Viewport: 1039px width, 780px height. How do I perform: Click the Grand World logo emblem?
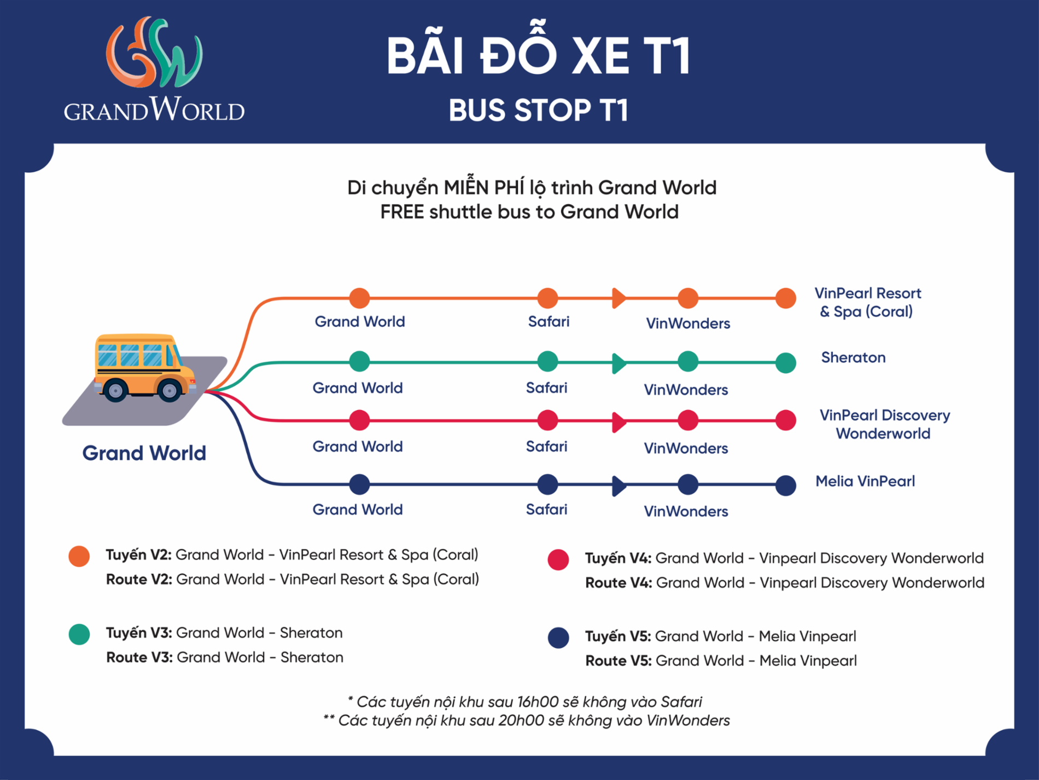[154, 53]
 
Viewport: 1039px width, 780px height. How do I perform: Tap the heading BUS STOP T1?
[539, 111]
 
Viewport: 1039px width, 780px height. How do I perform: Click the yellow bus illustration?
[144, 368]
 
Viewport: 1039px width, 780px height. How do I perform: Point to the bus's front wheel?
[170, 390]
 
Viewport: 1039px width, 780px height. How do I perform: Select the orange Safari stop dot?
[547, 298]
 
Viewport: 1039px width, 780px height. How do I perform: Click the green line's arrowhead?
[619, 362]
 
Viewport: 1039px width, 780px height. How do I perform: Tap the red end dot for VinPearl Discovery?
[786, 420]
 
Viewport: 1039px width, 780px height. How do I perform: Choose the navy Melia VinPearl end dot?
[786, 485]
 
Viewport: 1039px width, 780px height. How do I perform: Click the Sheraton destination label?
[853, 357]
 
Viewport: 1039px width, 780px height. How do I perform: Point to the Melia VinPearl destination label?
[865, 481]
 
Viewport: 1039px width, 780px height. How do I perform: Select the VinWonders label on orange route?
[688, 323]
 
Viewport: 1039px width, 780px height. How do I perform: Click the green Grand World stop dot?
[359, 361]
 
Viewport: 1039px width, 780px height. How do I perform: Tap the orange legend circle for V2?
[79, 556]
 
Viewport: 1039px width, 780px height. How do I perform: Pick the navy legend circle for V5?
[558, 638]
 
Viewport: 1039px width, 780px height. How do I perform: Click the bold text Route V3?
[139, 657]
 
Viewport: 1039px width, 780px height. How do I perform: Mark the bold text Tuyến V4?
[618, 558]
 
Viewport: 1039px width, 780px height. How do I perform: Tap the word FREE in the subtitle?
[402, 212]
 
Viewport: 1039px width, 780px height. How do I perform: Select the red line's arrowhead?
[619, 422]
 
